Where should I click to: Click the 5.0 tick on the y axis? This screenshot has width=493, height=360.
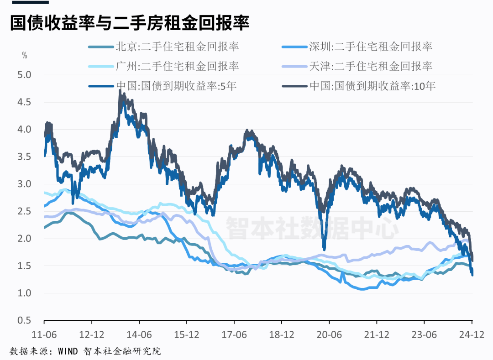pyautogui.click(x=25, y=75)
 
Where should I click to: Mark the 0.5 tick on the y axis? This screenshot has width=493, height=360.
pyautogui.click(x=25, y=320)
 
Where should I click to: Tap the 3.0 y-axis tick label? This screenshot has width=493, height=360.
pyautogui.click(x=25, y=184)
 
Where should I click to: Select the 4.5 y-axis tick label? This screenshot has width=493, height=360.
pyautogui.click(x=25, y=102)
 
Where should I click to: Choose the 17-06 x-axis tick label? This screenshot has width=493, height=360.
pyautogui.click(x=235, y=334)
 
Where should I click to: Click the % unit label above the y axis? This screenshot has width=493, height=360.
pyautogui.click(x=25, y=56)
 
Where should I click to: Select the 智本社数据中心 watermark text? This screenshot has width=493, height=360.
pyautogui.click(x=313, y=227)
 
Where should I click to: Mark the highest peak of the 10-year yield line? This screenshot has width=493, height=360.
pyautogui.click(x=120, y=91)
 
